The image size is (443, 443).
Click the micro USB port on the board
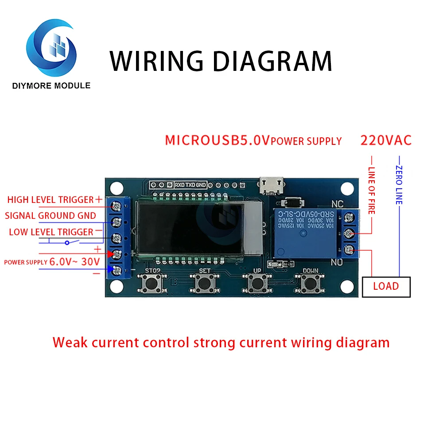pos(271,186)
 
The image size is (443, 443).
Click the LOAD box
pos(386,286)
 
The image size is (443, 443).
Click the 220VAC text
pos(386,140)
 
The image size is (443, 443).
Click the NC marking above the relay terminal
pos(337,204)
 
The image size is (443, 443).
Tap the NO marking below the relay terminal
pos(337,263)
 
